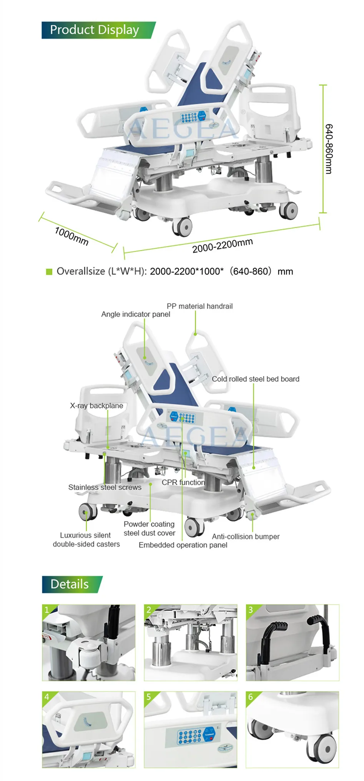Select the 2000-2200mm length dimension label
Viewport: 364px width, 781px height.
point(223,246)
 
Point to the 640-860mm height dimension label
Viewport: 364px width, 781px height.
point(329,149)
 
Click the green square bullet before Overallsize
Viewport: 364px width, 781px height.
point(49,272)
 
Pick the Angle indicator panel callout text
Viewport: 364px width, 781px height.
point(135,314)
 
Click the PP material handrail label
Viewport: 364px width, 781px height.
point(199,306)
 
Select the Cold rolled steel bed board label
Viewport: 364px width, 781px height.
point(255,379)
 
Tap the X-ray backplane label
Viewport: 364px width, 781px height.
point(96,405)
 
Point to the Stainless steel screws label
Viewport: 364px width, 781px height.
point(105,487)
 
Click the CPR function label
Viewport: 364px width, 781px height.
point(183,482)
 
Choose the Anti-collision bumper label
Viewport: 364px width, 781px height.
point(246,536)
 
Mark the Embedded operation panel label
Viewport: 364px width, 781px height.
point(183,545)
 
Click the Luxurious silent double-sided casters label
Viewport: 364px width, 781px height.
point(86,539)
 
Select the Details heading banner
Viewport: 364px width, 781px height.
point(70,584)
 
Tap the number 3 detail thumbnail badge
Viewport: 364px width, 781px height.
point(251,610)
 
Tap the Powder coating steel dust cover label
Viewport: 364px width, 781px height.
point(149,528)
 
